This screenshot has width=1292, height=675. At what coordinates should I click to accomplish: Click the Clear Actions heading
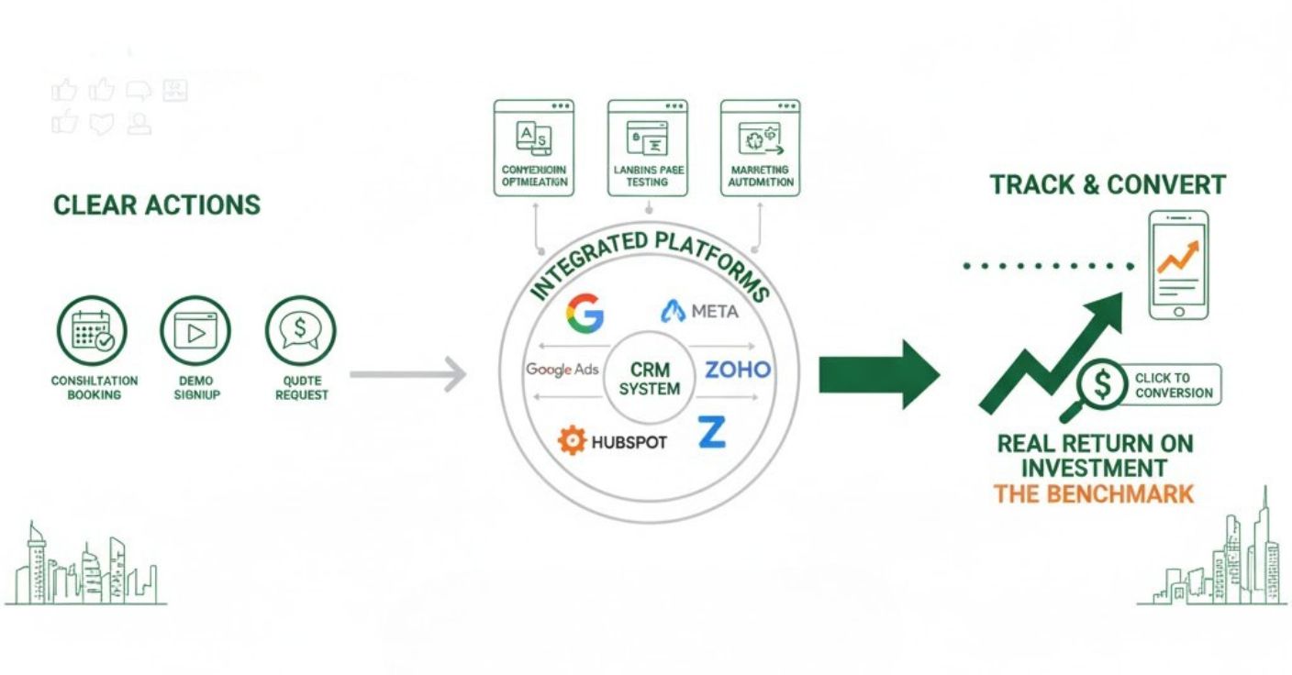(x=157, y=205)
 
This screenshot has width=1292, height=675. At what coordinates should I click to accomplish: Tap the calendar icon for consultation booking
(x=92, y=331)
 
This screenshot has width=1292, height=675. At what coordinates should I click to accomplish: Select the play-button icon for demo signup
(x=195, y=331)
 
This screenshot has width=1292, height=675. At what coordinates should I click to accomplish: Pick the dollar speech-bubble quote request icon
(x=301, y=331)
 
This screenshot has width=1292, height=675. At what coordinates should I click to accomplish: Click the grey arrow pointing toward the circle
(x=408, y=374)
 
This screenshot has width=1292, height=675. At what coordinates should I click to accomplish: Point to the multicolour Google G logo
(x=585, y=313)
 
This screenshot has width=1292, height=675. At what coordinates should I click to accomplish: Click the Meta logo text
(x=713, y=312)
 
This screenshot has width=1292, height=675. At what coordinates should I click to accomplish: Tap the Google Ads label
(x=562, y=370)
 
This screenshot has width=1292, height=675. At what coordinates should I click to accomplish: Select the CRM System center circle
(x=650, y=379)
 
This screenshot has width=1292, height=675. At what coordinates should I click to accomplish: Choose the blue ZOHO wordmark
(x=738, y=371)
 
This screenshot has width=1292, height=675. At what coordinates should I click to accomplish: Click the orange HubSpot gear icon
(x=571, y=441)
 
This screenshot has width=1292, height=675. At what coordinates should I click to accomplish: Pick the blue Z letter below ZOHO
(x=711, y=432)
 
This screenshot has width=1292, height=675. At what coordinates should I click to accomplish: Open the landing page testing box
(x=648, y=148)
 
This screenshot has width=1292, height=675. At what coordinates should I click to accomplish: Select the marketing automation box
(x=760, y=148)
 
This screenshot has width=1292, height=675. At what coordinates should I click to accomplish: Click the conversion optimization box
(x=534, y=148)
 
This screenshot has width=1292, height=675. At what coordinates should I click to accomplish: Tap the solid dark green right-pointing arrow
(x=878, y=374)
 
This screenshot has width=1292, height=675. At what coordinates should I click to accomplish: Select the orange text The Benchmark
(x=1094, y=494)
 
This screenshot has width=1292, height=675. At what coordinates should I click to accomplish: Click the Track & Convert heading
(x=1108, y=184)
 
